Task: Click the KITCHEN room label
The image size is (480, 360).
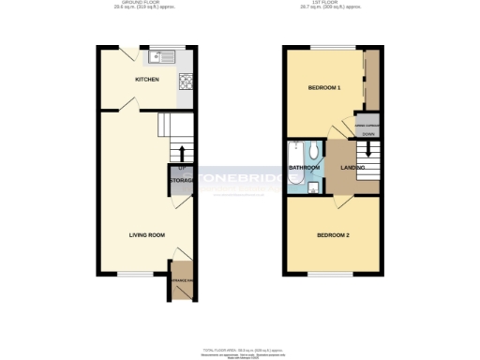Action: click(x=147, y=80)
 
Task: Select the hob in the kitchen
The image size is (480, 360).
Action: click(x=185, y=81)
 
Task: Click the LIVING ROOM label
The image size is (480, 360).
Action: click(x=147, y=234)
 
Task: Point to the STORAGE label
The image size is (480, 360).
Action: click(x=182, y=179)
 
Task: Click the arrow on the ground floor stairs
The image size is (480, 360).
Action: click(x=181, y=153)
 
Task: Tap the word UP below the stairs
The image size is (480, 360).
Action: click(x=179, y=167)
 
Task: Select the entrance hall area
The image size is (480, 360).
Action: click(x=181, y=282)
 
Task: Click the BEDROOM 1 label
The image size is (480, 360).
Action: click(x=324, y=87)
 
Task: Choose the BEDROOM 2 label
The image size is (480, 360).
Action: click(x=333, y=234)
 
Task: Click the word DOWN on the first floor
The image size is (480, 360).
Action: click(x=367, y=133)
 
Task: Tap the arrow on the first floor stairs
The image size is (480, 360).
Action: click(x=367, y=148)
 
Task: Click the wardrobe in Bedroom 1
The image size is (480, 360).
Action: click(x=371, y=80)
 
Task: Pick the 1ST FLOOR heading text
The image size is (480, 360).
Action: click(x=333, y=5)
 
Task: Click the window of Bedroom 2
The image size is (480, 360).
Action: click(x=333, y=275)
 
